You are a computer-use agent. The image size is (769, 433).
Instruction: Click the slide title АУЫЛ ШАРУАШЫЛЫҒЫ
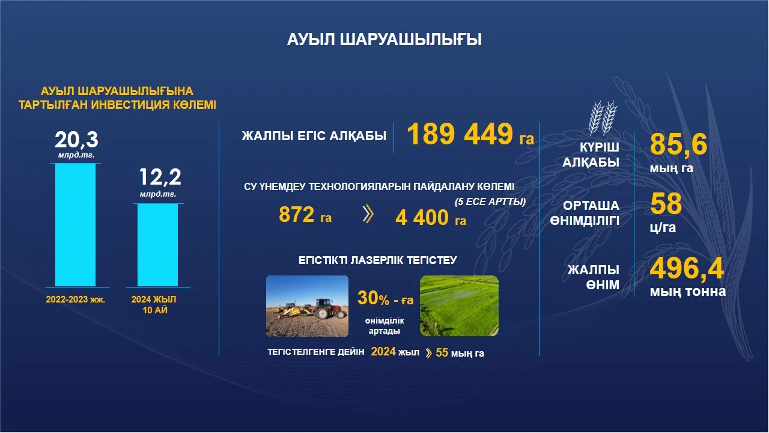coord(384,40)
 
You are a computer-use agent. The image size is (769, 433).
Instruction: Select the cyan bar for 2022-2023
coord(76,225)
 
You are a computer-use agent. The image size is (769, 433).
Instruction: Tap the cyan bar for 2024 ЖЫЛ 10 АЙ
coord(158,245)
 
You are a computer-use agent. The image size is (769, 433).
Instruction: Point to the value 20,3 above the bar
coord(76,140)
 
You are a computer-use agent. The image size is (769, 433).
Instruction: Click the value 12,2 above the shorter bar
coord(160,177)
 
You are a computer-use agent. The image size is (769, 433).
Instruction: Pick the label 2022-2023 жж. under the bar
coord(76,299)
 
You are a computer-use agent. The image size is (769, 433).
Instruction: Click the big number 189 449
coord(460,134)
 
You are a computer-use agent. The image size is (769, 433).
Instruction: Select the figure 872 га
coord(305,215)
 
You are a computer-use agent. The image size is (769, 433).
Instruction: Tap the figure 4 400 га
coord(431,218)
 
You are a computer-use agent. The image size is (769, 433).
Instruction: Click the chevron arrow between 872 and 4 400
coord(368,214)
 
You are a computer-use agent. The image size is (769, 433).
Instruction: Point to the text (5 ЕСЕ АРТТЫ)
coord(490,201)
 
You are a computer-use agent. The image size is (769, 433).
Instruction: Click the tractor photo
coord(307,306)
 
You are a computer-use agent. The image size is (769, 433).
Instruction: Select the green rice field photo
coord(460,306)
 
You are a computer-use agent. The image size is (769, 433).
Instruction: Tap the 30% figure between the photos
coord(374,298)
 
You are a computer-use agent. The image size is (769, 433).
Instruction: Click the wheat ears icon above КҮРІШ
coord(603,117)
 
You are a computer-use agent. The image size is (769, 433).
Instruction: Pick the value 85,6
coord(678,144)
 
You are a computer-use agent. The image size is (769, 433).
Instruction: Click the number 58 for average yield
coord(666,203)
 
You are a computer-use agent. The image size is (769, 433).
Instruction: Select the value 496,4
coord(687,269)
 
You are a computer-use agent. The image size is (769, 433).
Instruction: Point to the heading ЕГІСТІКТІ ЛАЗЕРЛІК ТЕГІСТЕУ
coord(378,260)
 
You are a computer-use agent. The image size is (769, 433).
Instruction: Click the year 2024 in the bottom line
coord(383,352)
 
